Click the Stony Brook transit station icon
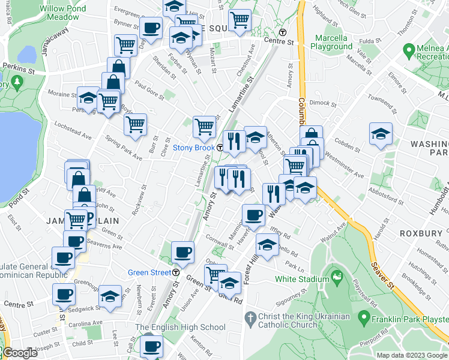(x=220, y=148)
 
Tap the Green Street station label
(x=149, y=272)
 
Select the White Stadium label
(x=302, y=278)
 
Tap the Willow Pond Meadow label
(x=64, y=13)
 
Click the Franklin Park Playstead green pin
(x=363, y=316)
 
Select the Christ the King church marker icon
(x=251, y=316)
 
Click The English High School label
(x=180, y=327)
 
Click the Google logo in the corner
(x=20, y=353)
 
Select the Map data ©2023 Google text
(x=411, y=355)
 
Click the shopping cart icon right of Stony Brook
(x=204, y=127)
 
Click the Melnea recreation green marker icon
(x=409, y=49)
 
